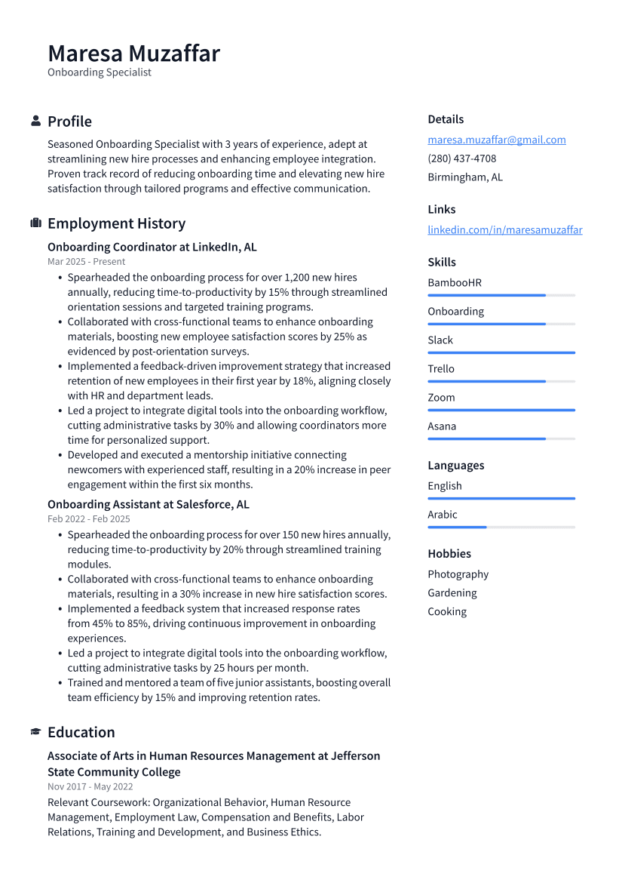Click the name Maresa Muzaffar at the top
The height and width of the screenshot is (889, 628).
coord(133,54)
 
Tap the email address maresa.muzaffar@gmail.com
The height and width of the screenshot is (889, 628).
coord(496,140)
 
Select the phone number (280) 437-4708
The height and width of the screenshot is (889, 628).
coord(461,158)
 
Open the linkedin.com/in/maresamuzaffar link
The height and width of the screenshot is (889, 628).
coord(504,229)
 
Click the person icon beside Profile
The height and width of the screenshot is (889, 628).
coord(35,121)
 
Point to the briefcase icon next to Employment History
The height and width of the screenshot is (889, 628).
coord(35,223)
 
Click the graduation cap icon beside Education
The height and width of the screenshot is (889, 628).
coord(35,732)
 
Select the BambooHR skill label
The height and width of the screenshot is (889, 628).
coord(454,283)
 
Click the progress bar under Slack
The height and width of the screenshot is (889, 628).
coord(501,352)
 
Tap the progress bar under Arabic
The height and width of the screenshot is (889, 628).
coord(501,527)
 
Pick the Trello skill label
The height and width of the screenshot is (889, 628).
coord(441,369)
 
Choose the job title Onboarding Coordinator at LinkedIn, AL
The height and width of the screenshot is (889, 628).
coord(152,247)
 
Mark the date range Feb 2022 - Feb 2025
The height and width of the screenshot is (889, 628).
coord(88,519)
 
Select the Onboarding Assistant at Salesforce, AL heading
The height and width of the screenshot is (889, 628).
coord(148,504)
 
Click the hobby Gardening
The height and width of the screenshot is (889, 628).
coord(452,593)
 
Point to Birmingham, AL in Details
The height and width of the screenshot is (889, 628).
coord(464,177)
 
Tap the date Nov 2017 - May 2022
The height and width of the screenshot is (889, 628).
coord(90,786)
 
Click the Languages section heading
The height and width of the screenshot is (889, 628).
coord(455,466)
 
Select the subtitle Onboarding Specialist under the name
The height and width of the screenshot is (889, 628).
coord(99,72)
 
